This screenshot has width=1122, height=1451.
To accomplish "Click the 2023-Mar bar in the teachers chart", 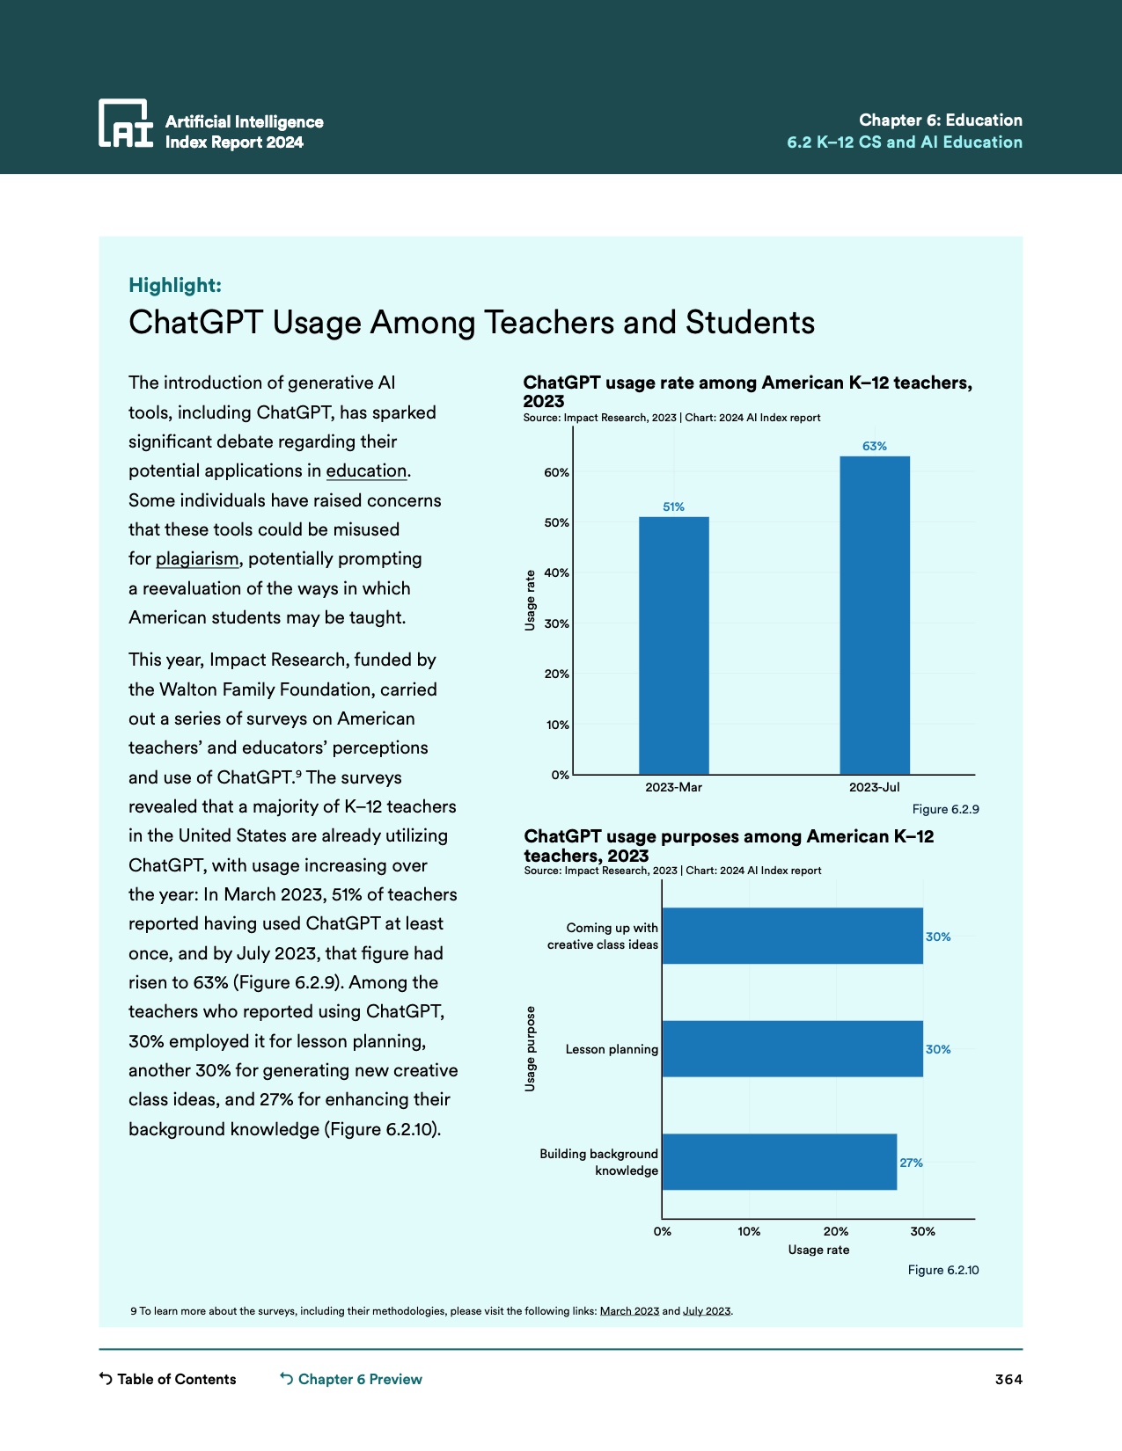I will tap(673, 645).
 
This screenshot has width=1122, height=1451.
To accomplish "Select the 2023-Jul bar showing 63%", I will tap(874, 616).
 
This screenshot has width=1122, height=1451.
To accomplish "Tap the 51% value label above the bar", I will tap(673, 507).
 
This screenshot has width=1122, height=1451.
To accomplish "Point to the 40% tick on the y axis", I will tap(556, 573).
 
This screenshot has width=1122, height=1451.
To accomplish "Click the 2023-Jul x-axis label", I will tap(874, 788).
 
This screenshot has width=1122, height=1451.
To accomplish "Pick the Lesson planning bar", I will tap(792, 1049).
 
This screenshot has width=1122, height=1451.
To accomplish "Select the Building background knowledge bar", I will tap(779, 1163).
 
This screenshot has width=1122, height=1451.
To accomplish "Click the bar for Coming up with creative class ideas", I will tap(792, 937).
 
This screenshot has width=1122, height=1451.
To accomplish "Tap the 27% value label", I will tap(911, 1163).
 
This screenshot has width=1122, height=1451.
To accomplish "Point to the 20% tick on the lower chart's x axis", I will tap(835, 1232).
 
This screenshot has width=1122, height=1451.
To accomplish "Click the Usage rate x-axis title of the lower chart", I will tap(818, 1250).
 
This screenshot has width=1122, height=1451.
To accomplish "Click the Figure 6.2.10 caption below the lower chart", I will tap(942, 1271).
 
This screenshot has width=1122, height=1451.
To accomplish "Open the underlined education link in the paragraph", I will tap(366, 471).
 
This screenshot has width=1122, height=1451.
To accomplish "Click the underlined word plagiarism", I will tap(197, 559).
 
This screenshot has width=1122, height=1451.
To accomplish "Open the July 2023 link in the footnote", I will tap(707, 1311).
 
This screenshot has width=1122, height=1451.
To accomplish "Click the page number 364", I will tap(1008, 1380).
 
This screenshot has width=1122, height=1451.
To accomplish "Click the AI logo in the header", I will tap(125, 123).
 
